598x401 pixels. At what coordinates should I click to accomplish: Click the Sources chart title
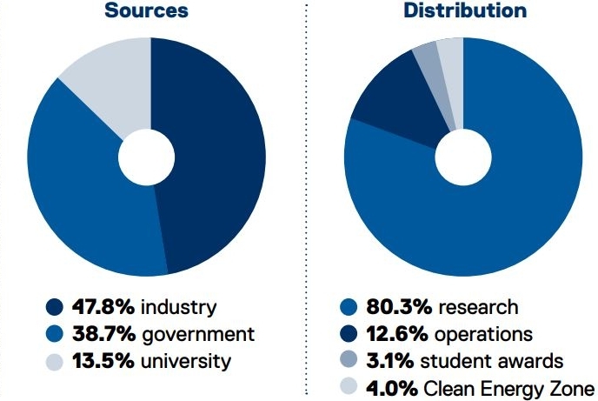(x=146, y=12)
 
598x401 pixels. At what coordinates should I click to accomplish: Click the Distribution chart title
(x=464, y=12)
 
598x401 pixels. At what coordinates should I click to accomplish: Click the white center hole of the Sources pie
(x=146, y=157)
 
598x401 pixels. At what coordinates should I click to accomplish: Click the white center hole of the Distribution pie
(x=463, y=157)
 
